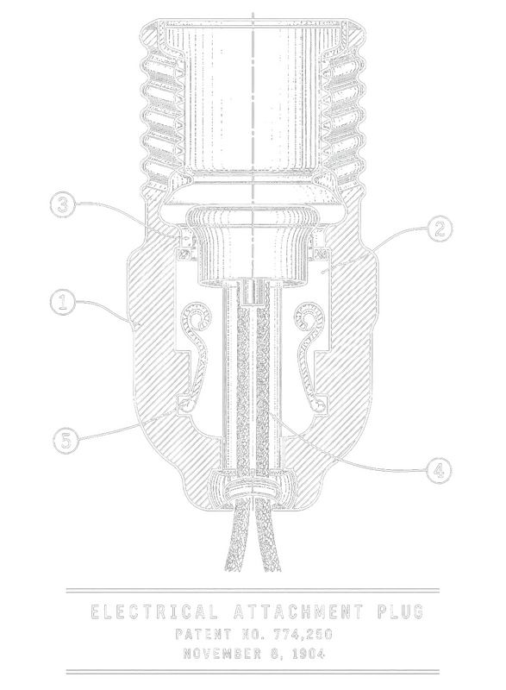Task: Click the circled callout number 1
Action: tap(62, 303)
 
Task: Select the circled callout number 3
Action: tap(63, 205)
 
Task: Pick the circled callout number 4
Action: tap(439, 471)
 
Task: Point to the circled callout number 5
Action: tap(66, 440)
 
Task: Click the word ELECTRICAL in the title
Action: tap(153, 612)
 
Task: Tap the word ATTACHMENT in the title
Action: tap(298, 612)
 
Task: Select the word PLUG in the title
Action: tap(401, 612)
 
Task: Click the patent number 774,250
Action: tap(303, 634)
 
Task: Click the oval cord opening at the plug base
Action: tap(253, 491)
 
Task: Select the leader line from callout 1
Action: tap(108, 307)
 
